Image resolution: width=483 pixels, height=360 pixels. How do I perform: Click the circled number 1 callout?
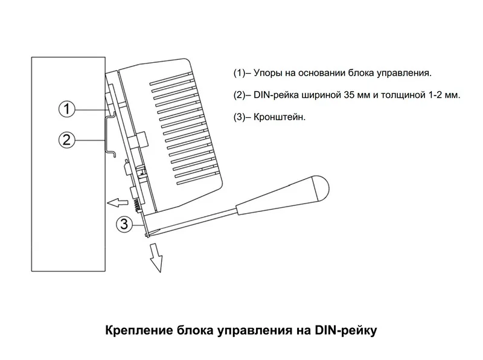tap(67, 109)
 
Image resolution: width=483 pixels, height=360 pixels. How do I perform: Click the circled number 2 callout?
tap(67, 140)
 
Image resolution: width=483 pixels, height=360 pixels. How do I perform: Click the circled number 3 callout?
tap(124, 224)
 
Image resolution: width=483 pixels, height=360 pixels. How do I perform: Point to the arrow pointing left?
tap(117, 202)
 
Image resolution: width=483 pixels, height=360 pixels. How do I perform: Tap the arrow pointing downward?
tap(156, 258)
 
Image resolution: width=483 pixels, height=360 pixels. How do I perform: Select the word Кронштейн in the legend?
tap(278, 117)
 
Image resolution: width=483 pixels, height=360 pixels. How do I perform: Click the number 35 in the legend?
tap(349, 95)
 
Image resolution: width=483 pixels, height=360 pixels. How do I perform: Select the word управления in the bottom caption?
tap(255, 330)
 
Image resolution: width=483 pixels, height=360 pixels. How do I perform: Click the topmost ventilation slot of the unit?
tap(171, 79)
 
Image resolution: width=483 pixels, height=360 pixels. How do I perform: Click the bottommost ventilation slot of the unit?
tap(199, 182)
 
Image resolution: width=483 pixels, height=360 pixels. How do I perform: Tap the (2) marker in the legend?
tap(239, 95)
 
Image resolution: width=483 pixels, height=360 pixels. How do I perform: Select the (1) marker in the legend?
tap(239, 73)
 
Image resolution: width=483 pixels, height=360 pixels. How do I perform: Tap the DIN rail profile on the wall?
tap(109, 136)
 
